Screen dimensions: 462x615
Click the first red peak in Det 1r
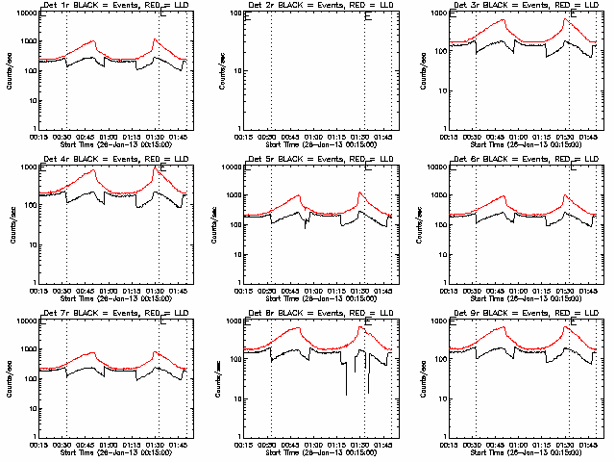[94, 41]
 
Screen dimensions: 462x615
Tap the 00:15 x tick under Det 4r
[40, 291]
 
